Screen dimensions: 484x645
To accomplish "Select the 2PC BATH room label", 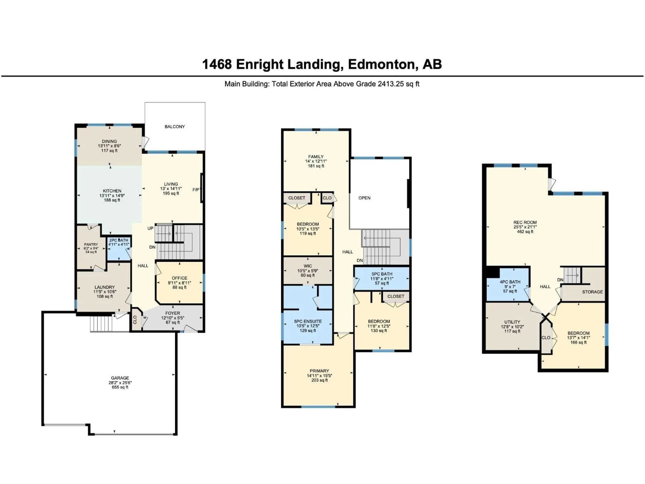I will point(119,240).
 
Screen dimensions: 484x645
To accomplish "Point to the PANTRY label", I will point(91,245).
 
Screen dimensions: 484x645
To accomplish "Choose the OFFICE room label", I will point(179,278).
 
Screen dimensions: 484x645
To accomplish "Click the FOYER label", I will point(173,313).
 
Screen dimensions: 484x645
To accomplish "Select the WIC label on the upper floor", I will point(308,266).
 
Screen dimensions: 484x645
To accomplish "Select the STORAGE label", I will point(592,292).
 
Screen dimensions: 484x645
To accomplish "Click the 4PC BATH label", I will point(510,282).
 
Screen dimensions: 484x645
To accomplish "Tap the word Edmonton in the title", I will point(381,64).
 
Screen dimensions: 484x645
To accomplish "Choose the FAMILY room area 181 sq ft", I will point(316,166).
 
